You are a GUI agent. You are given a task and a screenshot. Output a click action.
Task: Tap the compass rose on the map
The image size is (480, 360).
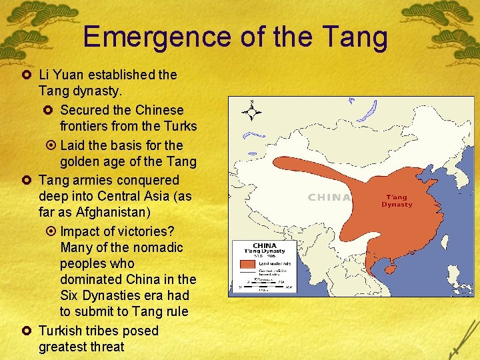(252, 111)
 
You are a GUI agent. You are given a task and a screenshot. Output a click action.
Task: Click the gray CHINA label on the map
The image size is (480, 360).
(329, 197)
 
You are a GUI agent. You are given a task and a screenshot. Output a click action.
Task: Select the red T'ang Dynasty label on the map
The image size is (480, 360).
(397, 201)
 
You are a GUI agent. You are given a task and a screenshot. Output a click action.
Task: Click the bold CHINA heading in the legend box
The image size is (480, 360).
(265, 245)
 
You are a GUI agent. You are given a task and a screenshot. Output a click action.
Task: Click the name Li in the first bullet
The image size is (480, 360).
(44, 75)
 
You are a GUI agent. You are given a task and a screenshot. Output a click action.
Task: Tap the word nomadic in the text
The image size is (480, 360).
(160, 247)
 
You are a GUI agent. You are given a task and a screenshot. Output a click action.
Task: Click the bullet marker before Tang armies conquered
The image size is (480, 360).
(27, 180)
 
